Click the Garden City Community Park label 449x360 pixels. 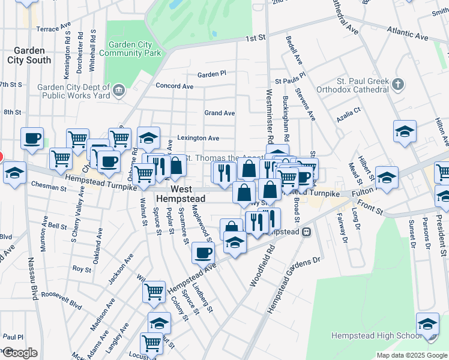click(134, 49)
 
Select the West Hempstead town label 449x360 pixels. click(181, 193)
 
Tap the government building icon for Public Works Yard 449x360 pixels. click(119, 91)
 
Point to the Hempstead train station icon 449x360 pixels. click(306, 232)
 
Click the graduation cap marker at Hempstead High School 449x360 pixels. click(427, 325)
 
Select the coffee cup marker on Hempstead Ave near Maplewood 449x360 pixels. click(203, 253)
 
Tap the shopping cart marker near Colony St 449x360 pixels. click(154, 292)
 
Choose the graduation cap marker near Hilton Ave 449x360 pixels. click(405, 132)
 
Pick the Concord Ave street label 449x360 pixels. click(175, 86)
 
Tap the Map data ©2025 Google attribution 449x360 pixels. click(411, 355)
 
